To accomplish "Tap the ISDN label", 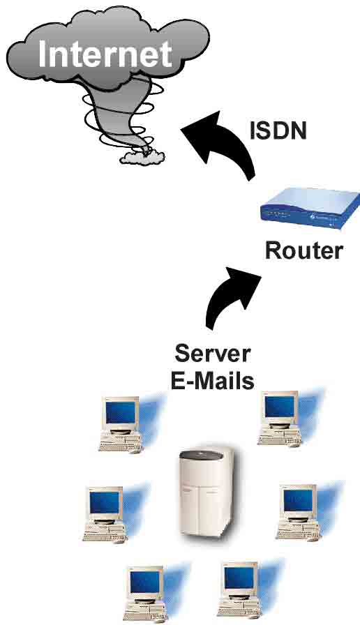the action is point(278,130).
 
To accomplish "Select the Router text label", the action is point(304,250).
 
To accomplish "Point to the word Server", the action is point(213,353).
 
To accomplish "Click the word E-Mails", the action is point(212,380).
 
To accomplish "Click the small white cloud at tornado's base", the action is point(142,158).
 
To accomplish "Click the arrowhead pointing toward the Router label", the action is point(243,279).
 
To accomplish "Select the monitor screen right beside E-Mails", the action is point(280,407).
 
